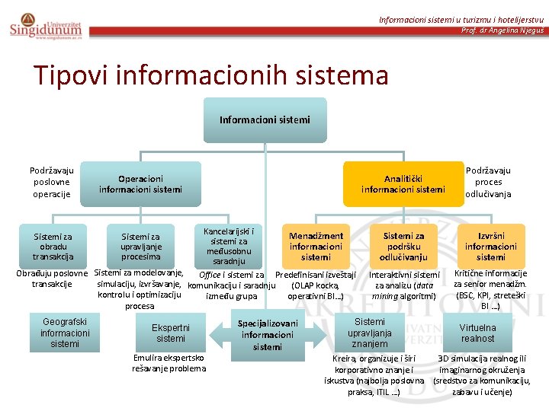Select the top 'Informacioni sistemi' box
265,119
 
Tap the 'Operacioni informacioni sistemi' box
140,184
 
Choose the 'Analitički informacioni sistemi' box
403,184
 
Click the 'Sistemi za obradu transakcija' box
53,247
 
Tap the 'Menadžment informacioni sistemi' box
316,247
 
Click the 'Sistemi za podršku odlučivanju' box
403,247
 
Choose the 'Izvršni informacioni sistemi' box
490,247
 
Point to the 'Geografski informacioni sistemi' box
65,333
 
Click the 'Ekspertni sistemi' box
171,333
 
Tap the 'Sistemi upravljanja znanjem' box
370,333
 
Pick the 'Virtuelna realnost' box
477,333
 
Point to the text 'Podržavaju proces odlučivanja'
488,183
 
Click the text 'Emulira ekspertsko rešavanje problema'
169,362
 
